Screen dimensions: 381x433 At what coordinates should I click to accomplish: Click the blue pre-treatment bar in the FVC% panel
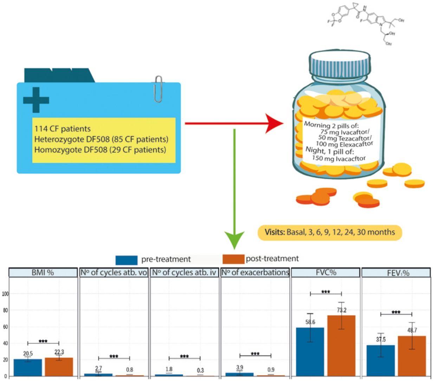(x=310, y=351)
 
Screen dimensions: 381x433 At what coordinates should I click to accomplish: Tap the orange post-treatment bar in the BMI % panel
(x=59, y=367)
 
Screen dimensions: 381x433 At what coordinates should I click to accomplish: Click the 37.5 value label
(x=380, y=340)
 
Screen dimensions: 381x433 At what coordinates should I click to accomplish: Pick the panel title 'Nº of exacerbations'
(x=255, y=272)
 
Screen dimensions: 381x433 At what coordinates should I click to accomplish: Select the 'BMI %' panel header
(x=43, y=272)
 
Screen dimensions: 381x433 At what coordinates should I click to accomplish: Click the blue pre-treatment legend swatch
(x=127, y=260)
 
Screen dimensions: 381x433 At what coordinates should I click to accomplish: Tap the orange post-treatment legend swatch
(x=233, y=259)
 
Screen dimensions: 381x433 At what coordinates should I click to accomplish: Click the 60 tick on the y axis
(x=5, y=327)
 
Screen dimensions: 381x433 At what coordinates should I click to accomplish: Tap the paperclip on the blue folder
(x=158, y=89)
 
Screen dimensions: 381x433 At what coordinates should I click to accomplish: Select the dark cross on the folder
(x=36, y=100)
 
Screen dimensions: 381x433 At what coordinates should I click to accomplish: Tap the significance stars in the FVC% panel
(x=326, y=292)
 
